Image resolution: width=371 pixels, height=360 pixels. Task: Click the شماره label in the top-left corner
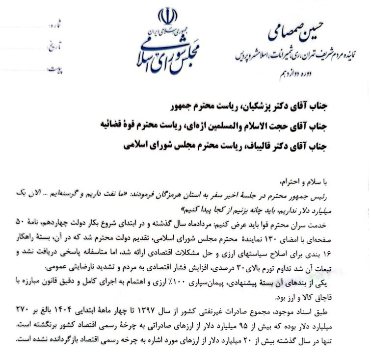click(x=58, y=24)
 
